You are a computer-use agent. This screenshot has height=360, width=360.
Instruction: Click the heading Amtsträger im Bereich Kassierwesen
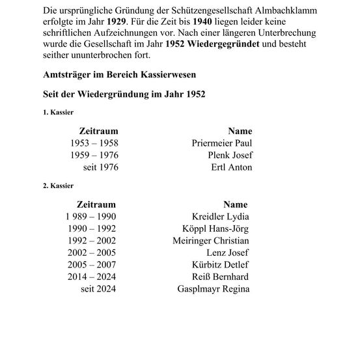pyautogui.click(x=115, y=75)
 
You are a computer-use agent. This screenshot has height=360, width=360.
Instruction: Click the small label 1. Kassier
pyautogui.click(x=58, y=113)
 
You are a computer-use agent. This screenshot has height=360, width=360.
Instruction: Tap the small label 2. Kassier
pyautogui.click(x=58, y=186)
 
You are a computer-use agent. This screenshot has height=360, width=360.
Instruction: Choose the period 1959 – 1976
pyautogui.click(x=94, y=155)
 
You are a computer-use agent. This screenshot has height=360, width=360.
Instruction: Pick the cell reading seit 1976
pyautogui.click(x=100, y=167)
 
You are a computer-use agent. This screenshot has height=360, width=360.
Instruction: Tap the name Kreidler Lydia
pyautogui.click(x=221, y=216)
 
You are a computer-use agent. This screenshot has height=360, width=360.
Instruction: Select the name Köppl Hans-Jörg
pyautogui.click(x=216, y=228)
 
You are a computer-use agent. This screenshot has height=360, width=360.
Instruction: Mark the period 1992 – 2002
pyautogui.click(x=92, y=240)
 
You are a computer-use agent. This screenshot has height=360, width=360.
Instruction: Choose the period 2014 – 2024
pyautogui.click(x=92, y=277)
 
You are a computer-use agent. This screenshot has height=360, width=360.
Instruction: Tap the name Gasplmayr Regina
pyautogui.click(x=213, y=289)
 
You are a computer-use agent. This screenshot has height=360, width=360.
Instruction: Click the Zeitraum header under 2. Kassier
pyautogui.click(x=96, y=204)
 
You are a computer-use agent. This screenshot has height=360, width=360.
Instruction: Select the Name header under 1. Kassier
pyautogui.click(x=240, y=131)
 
